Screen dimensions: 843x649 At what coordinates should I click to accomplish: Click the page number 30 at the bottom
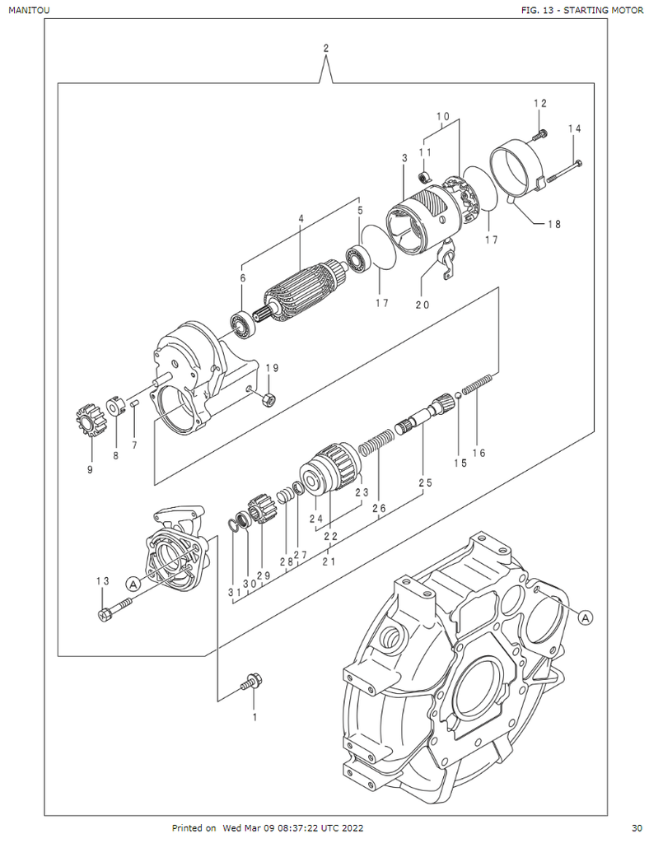637,827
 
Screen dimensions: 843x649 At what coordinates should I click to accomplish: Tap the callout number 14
574,128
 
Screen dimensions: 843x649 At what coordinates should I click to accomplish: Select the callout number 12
539,104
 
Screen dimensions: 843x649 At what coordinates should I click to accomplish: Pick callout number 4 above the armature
301,219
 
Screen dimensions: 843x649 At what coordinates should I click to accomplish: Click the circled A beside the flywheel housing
586,616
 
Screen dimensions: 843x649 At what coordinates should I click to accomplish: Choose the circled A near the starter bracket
132,582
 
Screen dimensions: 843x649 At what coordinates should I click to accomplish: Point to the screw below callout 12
540,133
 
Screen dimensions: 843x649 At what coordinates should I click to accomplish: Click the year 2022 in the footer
352,827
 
